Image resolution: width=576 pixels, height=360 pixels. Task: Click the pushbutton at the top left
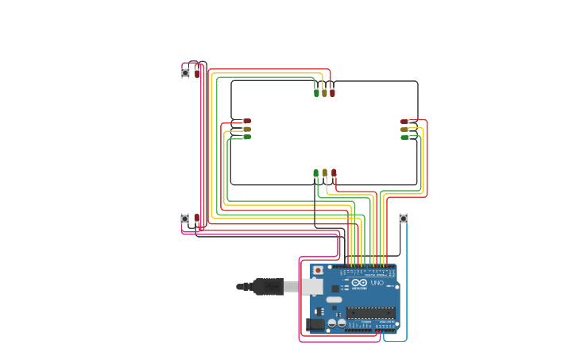185,72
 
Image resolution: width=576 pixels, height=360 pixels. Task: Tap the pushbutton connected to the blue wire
403,219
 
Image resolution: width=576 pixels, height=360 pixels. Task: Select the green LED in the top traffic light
316,93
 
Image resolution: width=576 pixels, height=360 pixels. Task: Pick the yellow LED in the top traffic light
324,93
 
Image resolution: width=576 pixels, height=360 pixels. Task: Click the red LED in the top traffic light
332,93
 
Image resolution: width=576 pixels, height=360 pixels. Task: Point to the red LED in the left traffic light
246,122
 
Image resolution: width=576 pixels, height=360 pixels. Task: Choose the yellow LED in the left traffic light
246,129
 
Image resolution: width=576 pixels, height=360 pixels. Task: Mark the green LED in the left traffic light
246,137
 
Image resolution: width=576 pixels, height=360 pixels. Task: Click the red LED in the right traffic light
404,122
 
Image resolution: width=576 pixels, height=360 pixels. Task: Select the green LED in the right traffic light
404,137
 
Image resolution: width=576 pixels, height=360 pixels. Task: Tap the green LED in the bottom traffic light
315,172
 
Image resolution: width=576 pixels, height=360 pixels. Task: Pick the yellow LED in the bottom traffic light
325,172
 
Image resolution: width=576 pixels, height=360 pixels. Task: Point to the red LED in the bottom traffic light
334,172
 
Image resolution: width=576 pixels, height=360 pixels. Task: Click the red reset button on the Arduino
319,270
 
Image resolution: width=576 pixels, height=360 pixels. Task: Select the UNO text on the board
377,283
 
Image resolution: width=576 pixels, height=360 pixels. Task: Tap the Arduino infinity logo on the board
358,283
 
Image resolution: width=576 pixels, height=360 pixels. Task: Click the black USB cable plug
269,286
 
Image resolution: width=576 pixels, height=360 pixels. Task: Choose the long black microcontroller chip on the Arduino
369,312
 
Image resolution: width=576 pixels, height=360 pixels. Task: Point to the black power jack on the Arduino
315,323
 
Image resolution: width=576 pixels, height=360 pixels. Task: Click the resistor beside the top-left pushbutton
197,72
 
